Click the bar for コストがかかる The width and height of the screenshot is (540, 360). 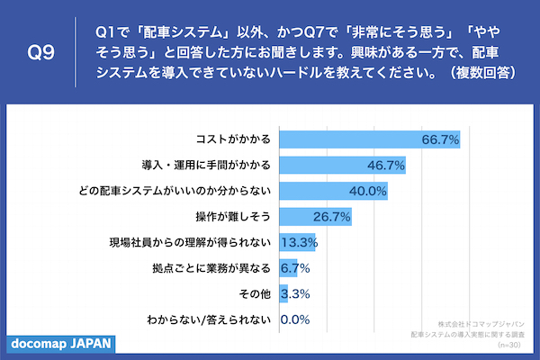pos(369,139)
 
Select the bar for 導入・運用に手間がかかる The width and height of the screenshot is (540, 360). pos(342,166)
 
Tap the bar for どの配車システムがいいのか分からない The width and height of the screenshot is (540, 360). pos(333,192)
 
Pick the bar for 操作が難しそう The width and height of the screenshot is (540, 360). pos(315,217)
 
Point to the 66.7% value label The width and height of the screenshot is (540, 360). pos(441,139)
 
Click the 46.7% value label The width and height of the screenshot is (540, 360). pos(387,166)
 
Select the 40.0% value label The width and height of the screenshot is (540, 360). pos(369,192)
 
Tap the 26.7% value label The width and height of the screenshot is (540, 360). pos(333,217)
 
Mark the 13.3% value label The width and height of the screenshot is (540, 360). pos(298,243)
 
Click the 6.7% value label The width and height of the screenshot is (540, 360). pos(295,268)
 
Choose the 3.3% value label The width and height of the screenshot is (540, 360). pos(295,294)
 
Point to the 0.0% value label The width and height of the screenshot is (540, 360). pos(295,319)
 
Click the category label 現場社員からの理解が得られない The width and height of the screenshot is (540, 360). pos(190,243)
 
